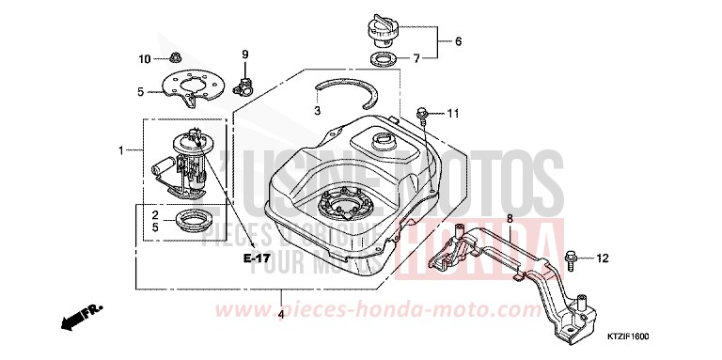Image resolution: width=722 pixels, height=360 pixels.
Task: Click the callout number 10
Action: [146, 59]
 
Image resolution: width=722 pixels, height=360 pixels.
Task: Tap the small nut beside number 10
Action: [174, 58]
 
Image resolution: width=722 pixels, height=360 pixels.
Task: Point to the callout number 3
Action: [318, 111]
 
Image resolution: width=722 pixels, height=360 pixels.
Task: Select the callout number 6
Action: [458, 41]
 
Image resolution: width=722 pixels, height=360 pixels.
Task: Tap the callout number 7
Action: [458, 60]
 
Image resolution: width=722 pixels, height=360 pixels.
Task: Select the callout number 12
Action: [603, 258]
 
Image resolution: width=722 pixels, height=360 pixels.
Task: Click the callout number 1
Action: [121, 150]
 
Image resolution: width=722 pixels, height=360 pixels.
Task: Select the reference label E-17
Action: [256, 258]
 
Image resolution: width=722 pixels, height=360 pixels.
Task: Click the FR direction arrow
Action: [81, 316]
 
